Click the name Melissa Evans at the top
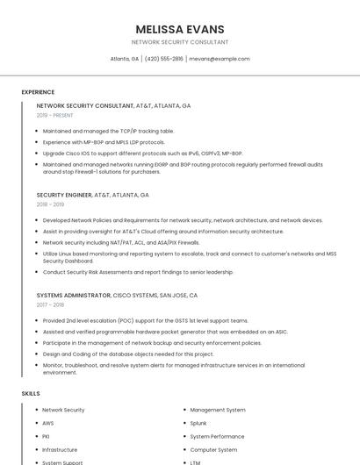180,29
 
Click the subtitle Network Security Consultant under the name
180,42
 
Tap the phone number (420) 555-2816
164,59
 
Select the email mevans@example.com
220,59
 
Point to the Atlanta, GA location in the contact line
125,59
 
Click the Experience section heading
38,92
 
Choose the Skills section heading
31,394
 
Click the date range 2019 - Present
54,115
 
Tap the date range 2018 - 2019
50,204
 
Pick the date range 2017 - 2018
50,304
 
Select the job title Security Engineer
64,195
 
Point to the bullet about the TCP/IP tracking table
108,131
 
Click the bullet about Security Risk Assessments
138,272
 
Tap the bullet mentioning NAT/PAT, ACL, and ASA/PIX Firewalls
121,242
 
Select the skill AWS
48,423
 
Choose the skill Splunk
198,423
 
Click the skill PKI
47,436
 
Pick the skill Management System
218,410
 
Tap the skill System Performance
217,436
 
